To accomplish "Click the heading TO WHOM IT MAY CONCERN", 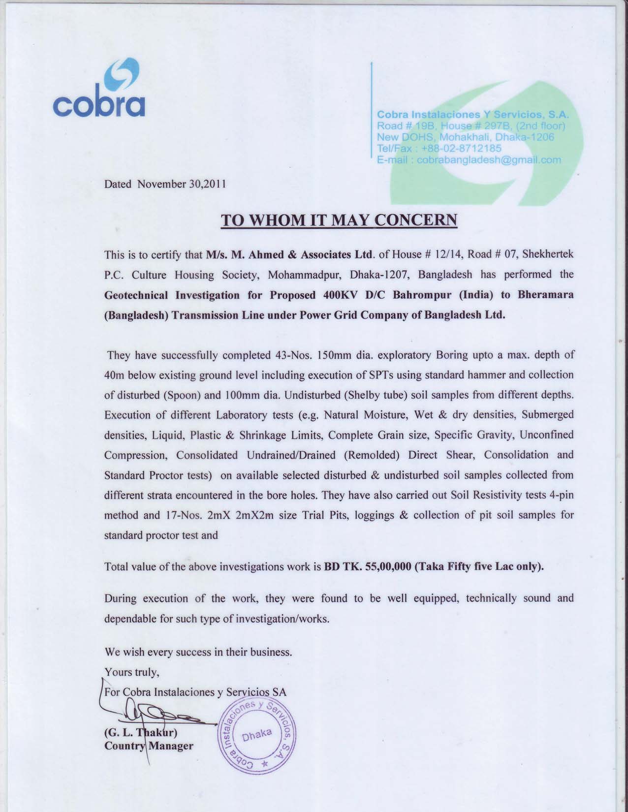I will tap(339, 219).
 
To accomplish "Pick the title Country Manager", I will tap(149, 746).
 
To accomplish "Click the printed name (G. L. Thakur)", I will tap(140, 732).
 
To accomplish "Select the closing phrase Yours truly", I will tap(131, 672).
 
